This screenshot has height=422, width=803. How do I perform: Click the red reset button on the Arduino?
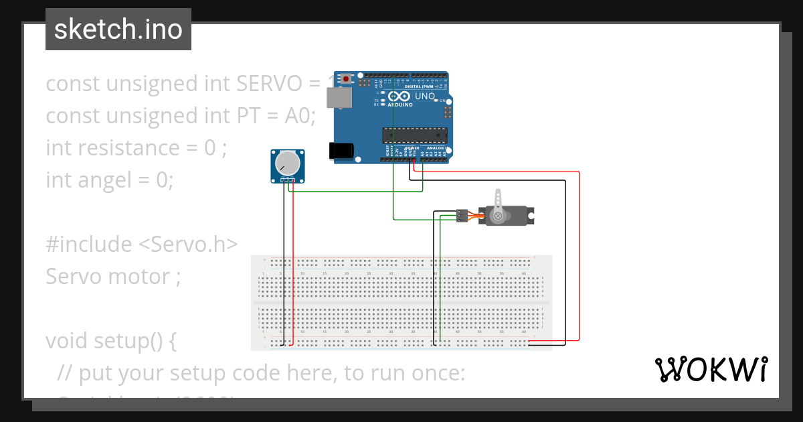pyautogui.click(x=345, y=79)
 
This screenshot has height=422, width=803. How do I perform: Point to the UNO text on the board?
pyautogui.click(x=425, y=96)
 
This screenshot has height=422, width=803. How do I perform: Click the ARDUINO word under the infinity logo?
pyautogui.click(x=399, y=105)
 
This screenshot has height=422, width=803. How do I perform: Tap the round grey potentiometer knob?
pyautogui.click(x=287, y=163)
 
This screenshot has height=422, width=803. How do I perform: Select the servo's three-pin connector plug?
pyautogui.click(x=461, y=215)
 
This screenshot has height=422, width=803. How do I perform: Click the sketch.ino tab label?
pyautogui.click(x=118, y=29)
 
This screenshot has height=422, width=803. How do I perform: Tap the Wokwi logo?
pyautogui.click(x=711, y=369)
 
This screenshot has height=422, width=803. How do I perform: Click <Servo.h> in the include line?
pyautogui.click(x=188, y=244)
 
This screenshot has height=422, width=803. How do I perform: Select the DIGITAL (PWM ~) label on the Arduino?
pyautogui.click(x=422, y=87)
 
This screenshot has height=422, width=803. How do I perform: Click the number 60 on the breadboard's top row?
pyautogui.click(x=523, y=274)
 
